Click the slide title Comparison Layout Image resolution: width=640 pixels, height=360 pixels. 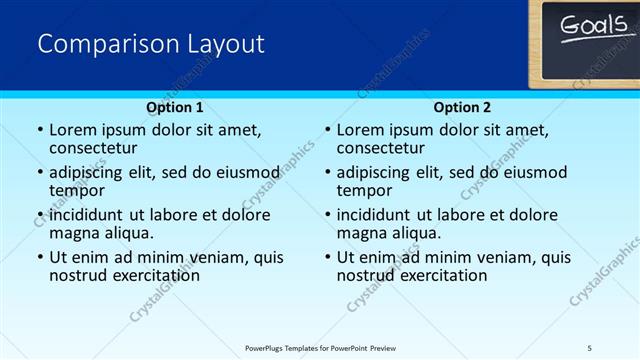coord(151,44)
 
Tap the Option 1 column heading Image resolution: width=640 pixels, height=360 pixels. coord(175,107)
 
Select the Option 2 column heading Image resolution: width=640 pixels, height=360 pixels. coord(462,107)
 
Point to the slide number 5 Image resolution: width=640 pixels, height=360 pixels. coord(590,347)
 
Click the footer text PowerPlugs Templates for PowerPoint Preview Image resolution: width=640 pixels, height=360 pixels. coord(320,347)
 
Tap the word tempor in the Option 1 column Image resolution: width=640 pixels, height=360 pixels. coord(76,190)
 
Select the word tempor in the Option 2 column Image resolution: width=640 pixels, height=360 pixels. coord(364,190)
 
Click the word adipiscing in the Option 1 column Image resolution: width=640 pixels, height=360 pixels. coord(88,172)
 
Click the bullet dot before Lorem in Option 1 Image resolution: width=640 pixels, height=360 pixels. coord(39,130)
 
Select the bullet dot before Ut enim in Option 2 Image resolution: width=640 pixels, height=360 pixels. coord(327,257)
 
